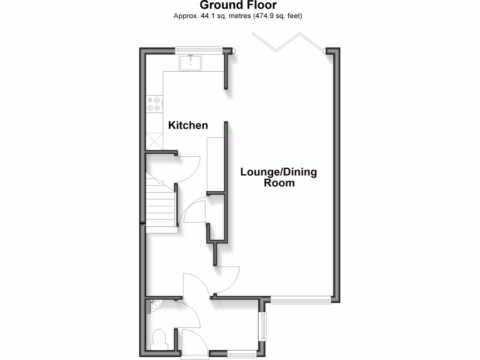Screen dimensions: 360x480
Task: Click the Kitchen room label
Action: [x=188, y=126]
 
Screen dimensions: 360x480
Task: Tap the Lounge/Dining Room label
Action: [x=278, y=177]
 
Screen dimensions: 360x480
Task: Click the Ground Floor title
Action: [x=239, y=6]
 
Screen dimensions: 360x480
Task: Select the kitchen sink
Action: [x=190, y=63]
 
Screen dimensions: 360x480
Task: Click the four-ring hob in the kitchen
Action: [x=154, y=104]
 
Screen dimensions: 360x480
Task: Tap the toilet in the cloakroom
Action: [x=159, y=339]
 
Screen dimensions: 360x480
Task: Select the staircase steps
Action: [x=160, y=206]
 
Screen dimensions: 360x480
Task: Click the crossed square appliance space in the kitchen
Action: [x=154, y=141]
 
